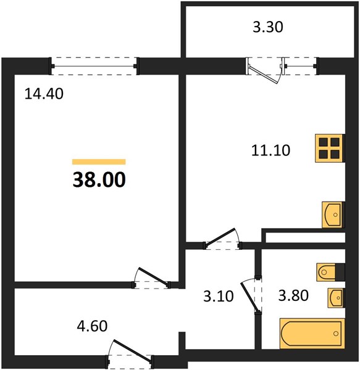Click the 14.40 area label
(x=44, y=94)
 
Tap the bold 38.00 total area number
(x=99, y=179)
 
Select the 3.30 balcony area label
(x=268, y=27)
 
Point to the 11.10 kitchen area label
(x=270, y=150)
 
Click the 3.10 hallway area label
(x=219, y=296)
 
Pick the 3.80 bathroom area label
(x=293, y=295)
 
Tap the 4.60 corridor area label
(x=93, y=326)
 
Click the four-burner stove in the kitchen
(x=329, y=148)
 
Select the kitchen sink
(x=332, y=215)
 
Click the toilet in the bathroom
(x=326, y=273)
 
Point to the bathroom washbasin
(x=335, y=298)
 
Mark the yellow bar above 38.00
(x=99, y=162)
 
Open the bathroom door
(x=251, y=295)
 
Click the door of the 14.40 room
(x=151, y=277)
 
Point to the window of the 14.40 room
(x=94, y=66)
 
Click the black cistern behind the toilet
(x=340, y=273)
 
